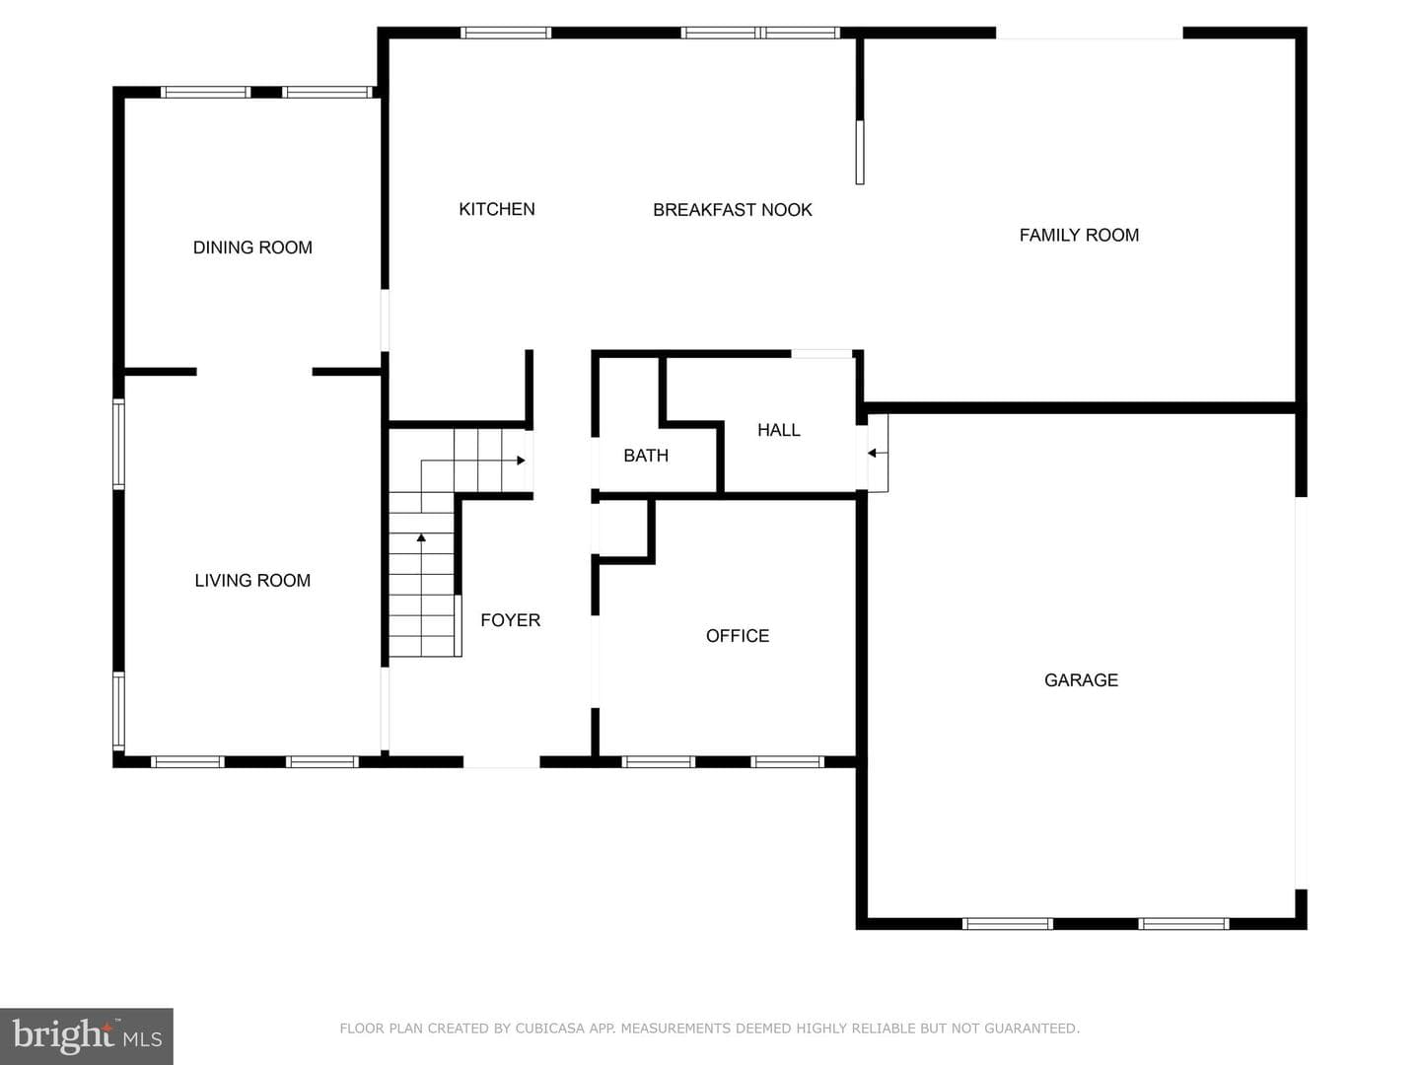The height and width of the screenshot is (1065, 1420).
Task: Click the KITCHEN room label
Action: click(x=497, y=209)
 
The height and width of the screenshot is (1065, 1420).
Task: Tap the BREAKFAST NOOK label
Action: click(x=733, y=209)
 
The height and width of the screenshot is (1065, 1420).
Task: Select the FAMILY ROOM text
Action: click(x=1079, y=235)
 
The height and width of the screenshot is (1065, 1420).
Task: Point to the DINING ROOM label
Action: click(x=252, y=247)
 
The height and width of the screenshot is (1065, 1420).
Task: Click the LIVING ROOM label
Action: click(x=252, y=580)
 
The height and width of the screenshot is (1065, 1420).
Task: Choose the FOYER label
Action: click(x=511, y=620)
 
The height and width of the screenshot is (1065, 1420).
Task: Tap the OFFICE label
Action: click(x=738, y=636)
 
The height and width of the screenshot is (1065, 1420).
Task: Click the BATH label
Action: click(x=646, y=456)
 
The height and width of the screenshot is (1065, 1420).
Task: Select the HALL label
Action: click(x=779, y=429)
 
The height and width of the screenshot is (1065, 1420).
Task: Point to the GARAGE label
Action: click(x=1081, y=679)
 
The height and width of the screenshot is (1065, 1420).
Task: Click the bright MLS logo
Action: click(x=87, y=1035)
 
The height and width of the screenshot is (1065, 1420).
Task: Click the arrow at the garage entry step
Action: click(x=877, y=454)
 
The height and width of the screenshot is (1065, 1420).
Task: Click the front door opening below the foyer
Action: click(x=501, y=761)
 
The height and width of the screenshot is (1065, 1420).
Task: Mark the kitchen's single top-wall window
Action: click(x=506, y=33)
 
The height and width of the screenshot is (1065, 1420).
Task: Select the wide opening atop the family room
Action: click(x=1090, y=33)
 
